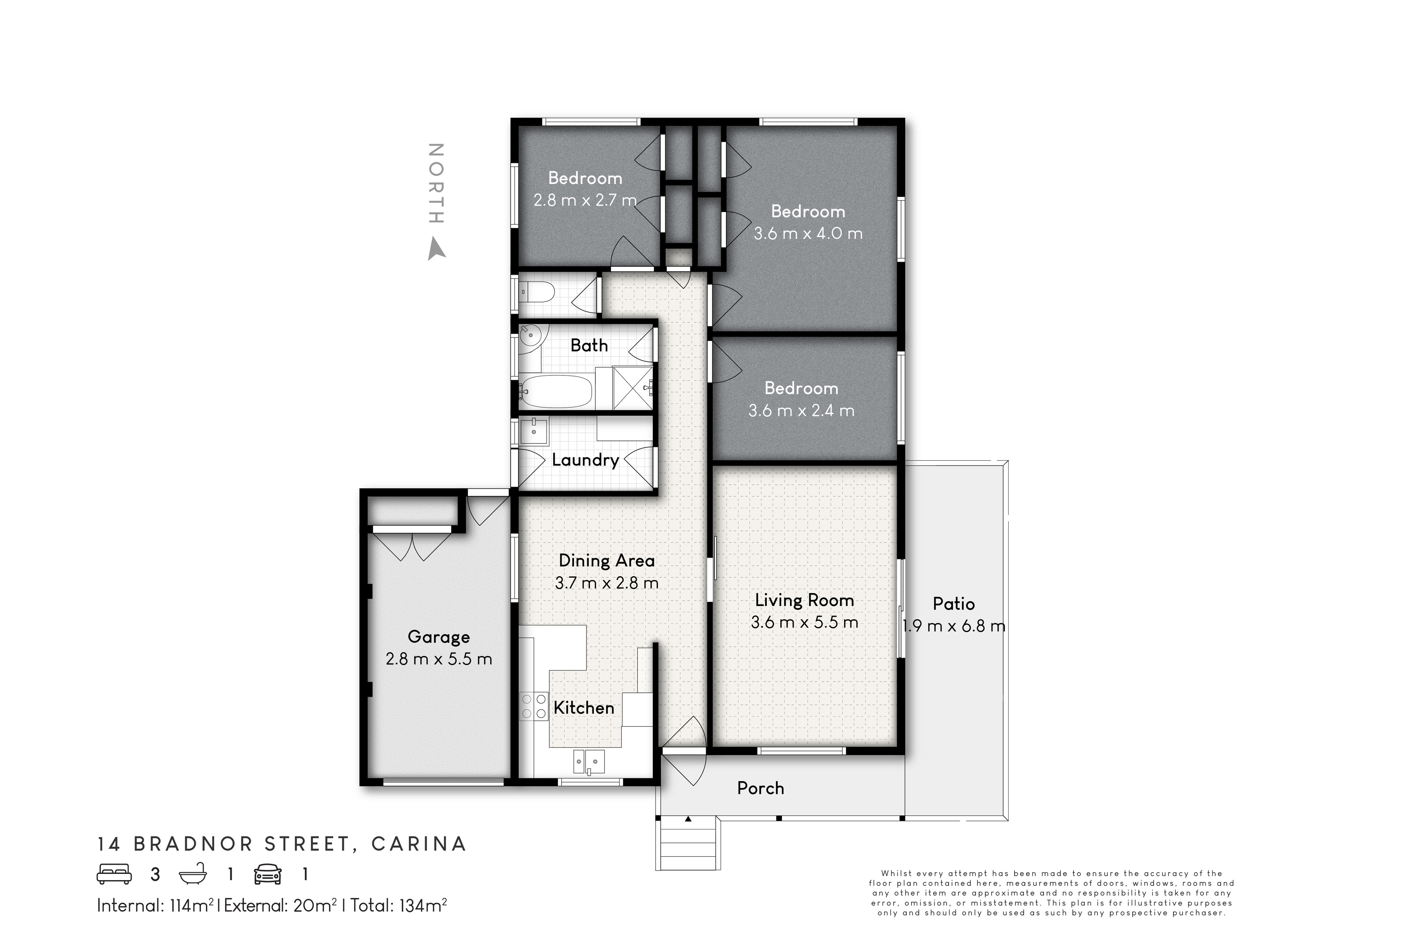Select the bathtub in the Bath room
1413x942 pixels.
[556, 391]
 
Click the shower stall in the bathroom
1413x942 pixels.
[632, 387]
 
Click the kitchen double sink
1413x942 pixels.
[589, 761]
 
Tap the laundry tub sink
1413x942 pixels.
[534, 431]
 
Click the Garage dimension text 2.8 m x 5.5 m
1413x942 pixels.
[439, 659]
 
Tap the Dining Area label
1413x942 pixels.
[606, 560]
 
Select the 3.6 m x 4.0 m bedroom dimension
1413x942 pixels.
[808, 233]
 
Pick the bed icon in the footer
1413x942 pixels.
[114, 874]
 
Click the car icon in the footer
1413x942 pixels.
[268, 874]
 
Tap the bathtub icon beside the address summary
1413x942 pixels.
[193, 874]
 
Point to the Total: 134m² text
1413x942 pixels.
[398, 905]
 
